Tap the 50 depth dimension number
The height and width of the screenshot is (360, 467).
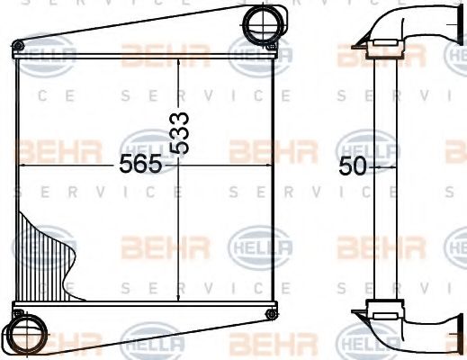coord(353,166)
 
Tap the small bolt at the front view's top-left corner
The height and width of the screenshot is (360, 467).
coord(16,46)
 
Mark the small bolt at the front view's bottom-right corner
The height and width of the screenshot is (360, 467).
coord(271,312)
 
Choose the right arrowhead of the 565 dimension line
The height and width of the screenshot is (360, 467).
coord(272,166)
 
